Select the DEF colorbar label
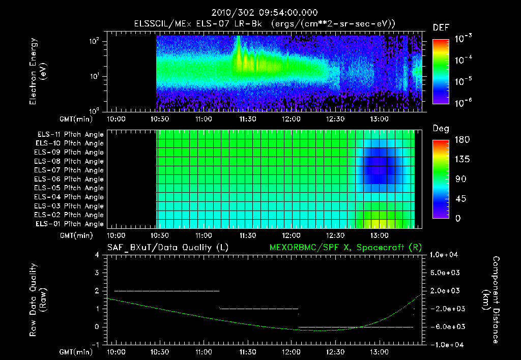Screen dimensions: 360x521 pos(441,28)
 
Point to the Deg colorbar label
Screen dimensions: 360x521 pos(441,129)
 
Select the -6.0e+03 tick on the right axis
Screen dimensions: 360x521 pos(446,326)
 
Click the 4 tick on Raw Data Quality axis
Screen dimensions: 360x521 pos(97,255)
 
